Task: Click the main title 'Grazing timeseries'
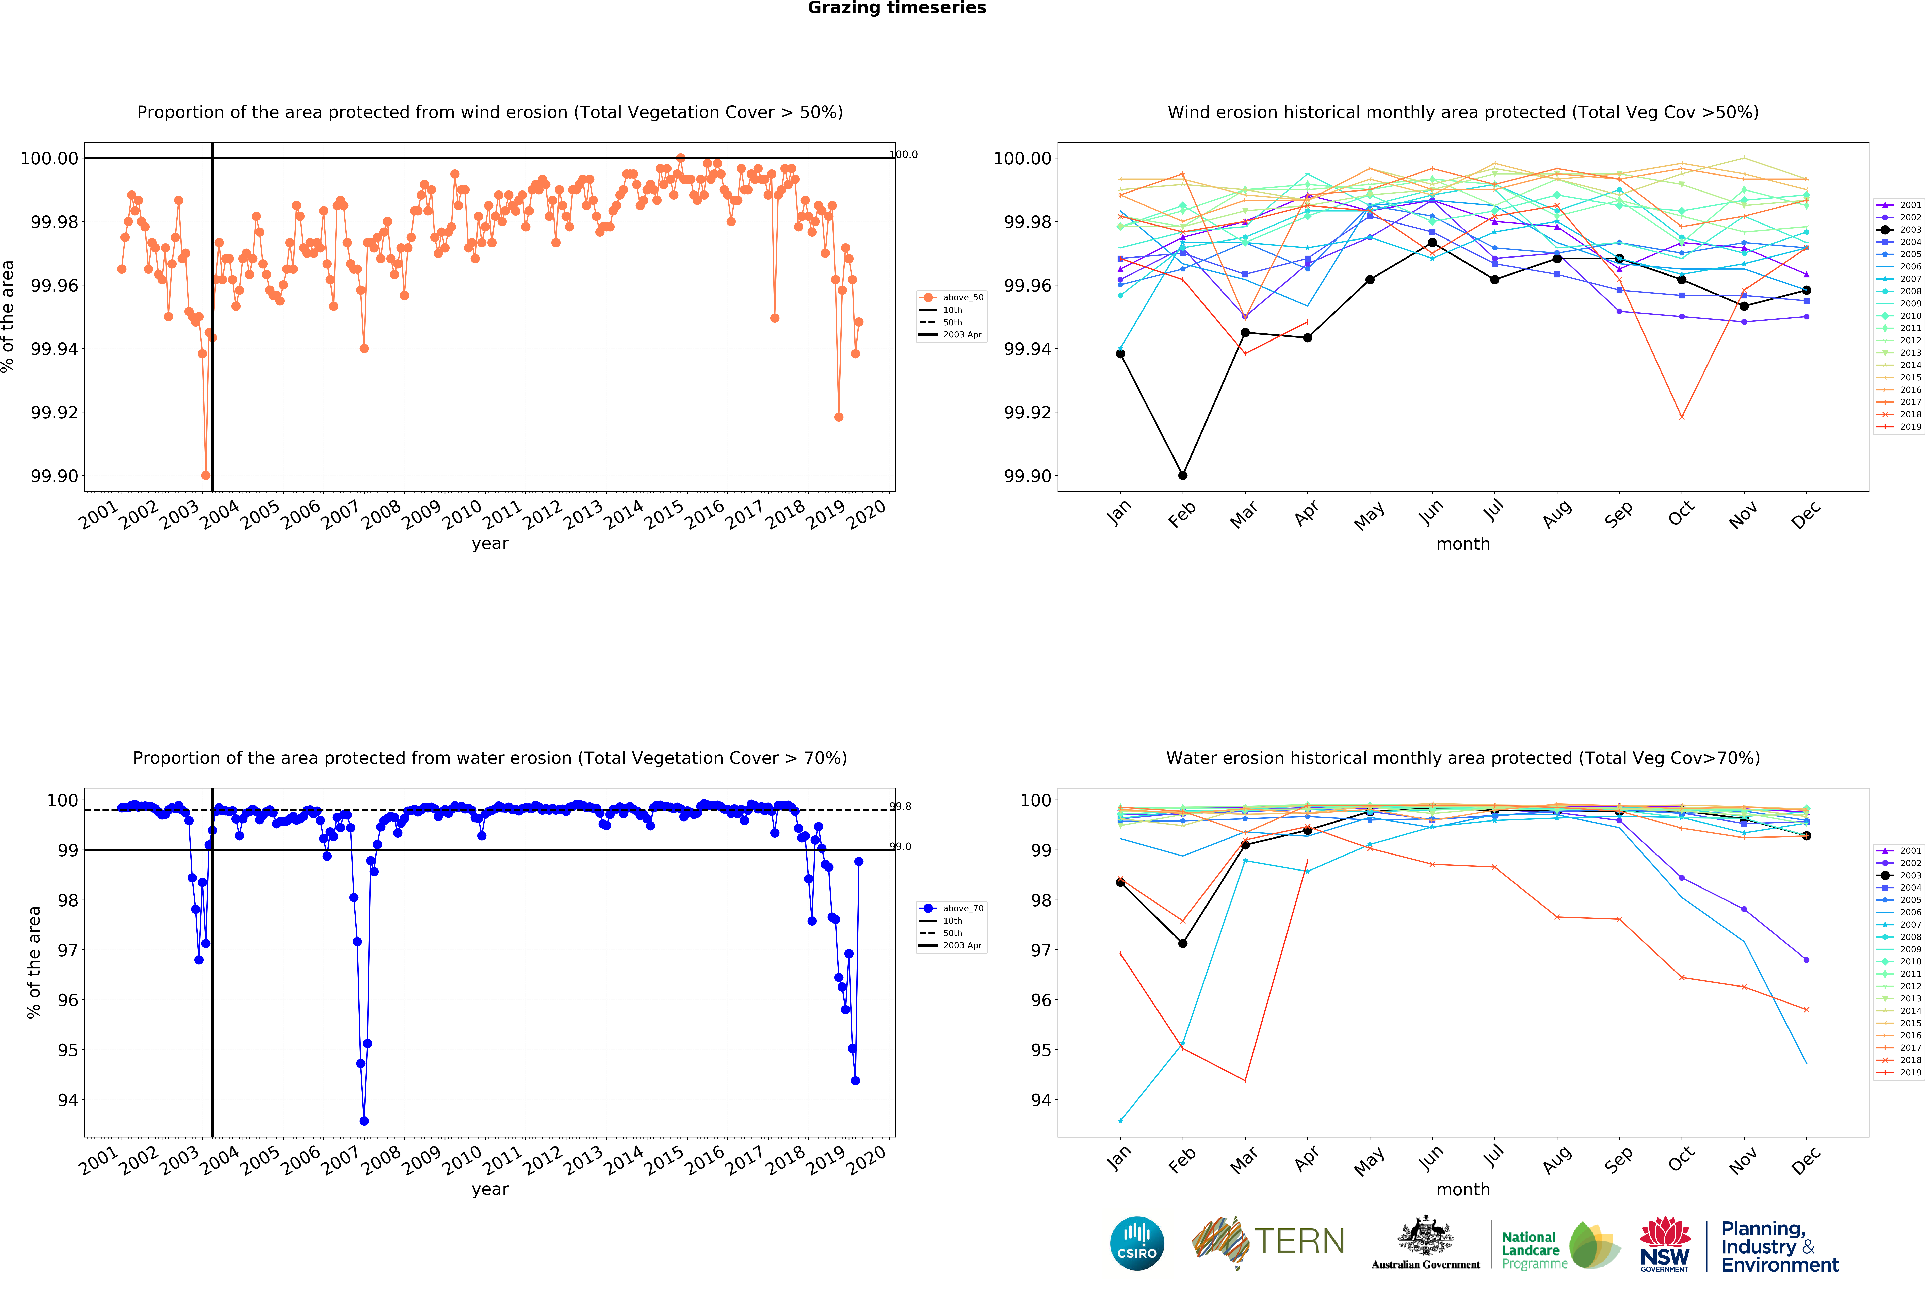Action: pyautogui.click(x=896, y=8)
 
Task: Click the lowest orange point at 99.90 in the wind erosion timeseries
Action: pyautogui.click(x=205, y=476)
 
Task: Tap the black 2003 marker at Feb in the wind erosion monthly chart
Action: pyautogui.click(x=1183, y=476)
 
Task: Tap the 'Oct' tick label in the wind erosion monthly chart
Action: pyautogui.click(x=1681, y=513)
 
